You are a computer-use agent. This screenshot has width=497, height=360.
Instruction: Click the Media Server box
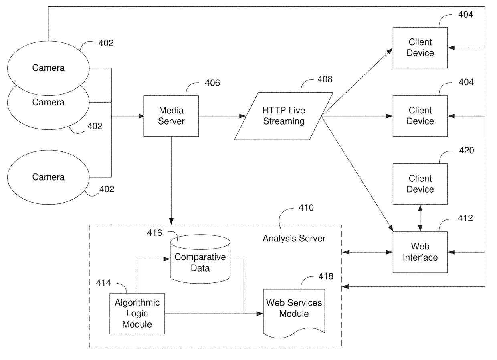coord(171,116)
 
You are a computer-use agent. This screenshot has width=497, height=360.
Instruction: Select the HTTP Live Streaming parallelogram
coord(283,116)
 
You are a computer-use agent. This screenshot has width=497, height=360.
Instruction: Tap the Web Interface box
coord(420,252)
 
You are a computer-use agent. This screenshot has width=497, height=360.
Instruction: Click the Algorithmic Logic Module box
coord(137,313)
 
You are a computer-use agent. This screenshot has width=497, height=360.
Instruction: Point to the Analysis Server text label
coord(294,239)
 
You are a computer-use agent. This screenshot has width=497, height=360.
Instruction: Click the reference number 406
coord(212,83)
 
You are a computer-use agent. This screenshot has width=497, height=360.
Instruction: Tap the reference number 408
coord(325,79)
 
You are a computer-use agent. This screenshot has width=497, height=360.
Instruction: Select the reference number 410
coord(306,208)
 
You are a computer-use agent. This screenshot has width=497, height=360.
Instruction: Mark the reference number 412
coord(465,218)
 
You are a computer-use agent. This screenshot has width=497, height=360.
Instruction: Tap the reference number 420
coord(466,151)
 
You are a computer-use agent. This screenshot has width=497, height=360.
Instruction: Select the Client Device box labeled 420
coord(420,184)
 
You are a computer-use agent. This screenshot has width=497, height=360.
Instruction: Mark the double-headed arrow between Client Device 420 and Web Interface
coord(420,218)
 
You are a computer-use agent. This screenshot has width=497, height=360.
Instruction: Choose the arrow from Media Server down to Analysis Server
coord(171,180)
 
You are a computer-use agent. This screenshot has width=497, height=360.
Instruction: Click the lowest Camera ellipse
coord(48,177)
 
